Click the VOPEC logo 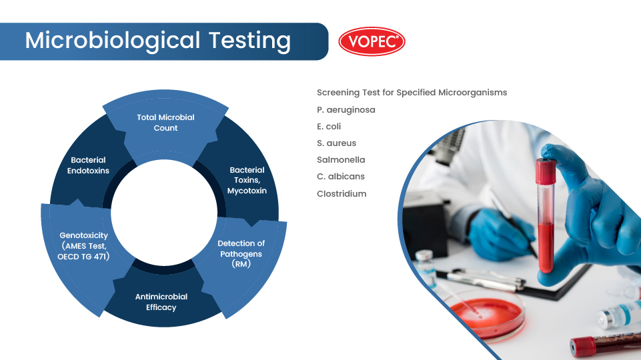click(372, 41)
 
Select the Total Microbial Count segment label click(165, 123)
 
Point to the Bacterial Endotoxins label click(89, 165)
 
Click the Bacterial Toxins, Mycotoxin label click(247, 180)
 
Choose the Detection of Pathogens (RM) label click(241, 253)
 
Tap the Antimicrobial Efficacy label click(161, 302)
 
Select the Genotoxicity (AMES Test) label click(83, 246)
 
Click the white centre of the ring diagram click(164, 211)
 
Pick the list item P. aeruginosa click(346, 109)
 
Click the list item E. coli click(330, 126)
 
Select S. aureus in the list click(337, 143)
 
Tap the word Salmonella click(341, 159)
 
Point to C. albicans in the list click(341, 177)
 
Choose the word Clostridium click(342, 193)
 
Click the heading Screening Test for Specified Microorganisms click(412, 92)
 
